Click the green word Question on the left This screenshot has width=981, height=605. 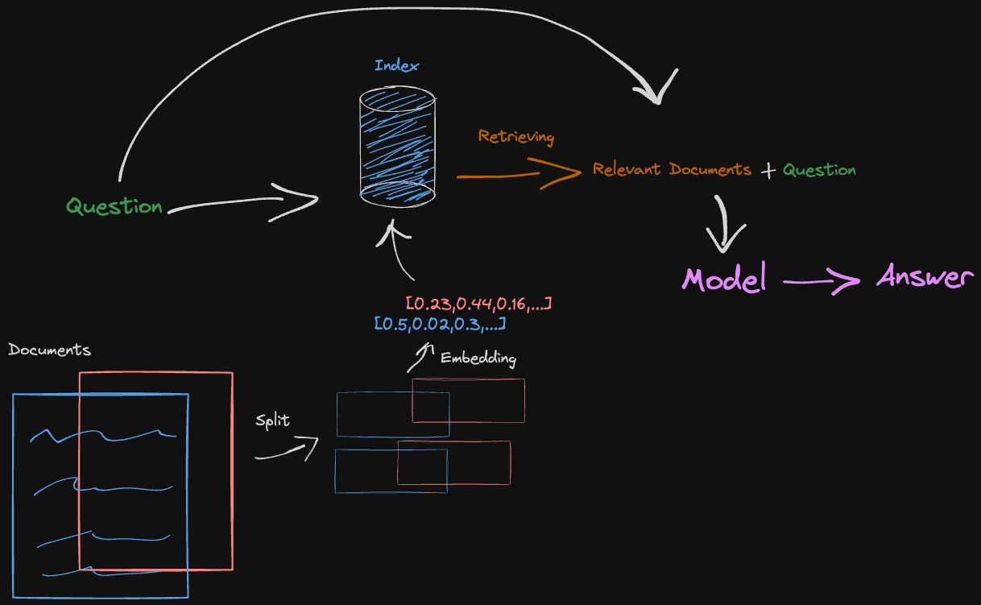(x=114, y=206)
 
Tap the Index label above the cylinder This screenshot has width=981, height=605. (x=396, y=66)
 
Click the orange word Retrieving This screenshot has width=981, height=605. (x=515, y=136)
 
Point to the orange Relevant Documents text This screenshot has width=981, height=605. (x=672, y=170)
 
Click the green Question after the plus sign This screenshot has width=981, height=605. (x=819, y=170)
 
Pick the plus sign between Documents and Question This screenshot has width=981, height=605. (x=768, y=171)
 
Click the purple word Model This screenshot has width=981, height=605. (x=724, y=279)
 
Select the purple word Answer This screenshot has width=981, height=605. (x=925, y=277)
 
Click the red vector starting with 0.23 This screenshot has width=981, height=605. (x=478, y=305)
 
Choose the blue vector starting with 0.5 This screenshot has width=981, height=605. (x=440, y=324)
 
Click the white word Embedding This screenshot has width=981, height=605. (x=478, y=358)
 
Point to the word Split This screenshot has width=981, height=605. (x=272, y=421)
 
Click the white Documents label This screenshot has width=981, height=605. (x=49, y=350)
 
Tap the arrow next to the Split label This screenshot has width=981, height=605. (x=288, y=451)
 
